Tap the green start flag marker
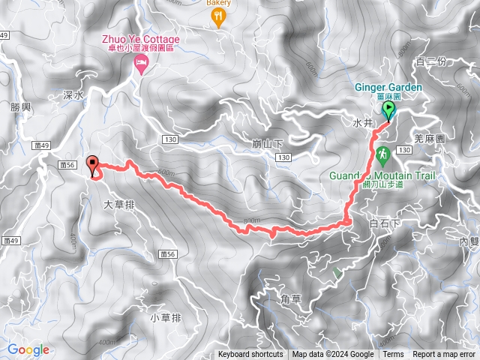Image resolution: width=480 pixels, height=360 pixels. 389,111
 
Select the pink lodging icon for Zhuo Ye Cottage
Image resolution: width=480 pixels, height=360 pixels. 139,67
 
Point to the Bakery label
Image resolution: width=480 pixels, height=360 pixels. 219,3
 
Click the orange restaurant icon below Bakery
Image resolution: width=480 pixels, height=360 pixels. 219,18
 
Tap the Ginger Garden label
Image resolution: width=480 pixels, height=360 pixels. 388,87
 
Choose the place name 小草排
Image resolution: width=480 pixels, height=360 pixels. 166,318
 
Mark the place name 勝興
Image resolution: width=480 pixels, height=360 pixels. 20,107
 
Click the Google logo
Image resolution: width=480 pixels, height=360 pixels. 28,349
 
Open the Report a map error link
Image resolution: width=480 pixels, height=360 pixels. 445,355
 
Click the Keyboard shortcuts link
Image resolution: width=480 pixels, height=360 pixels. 250,355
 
